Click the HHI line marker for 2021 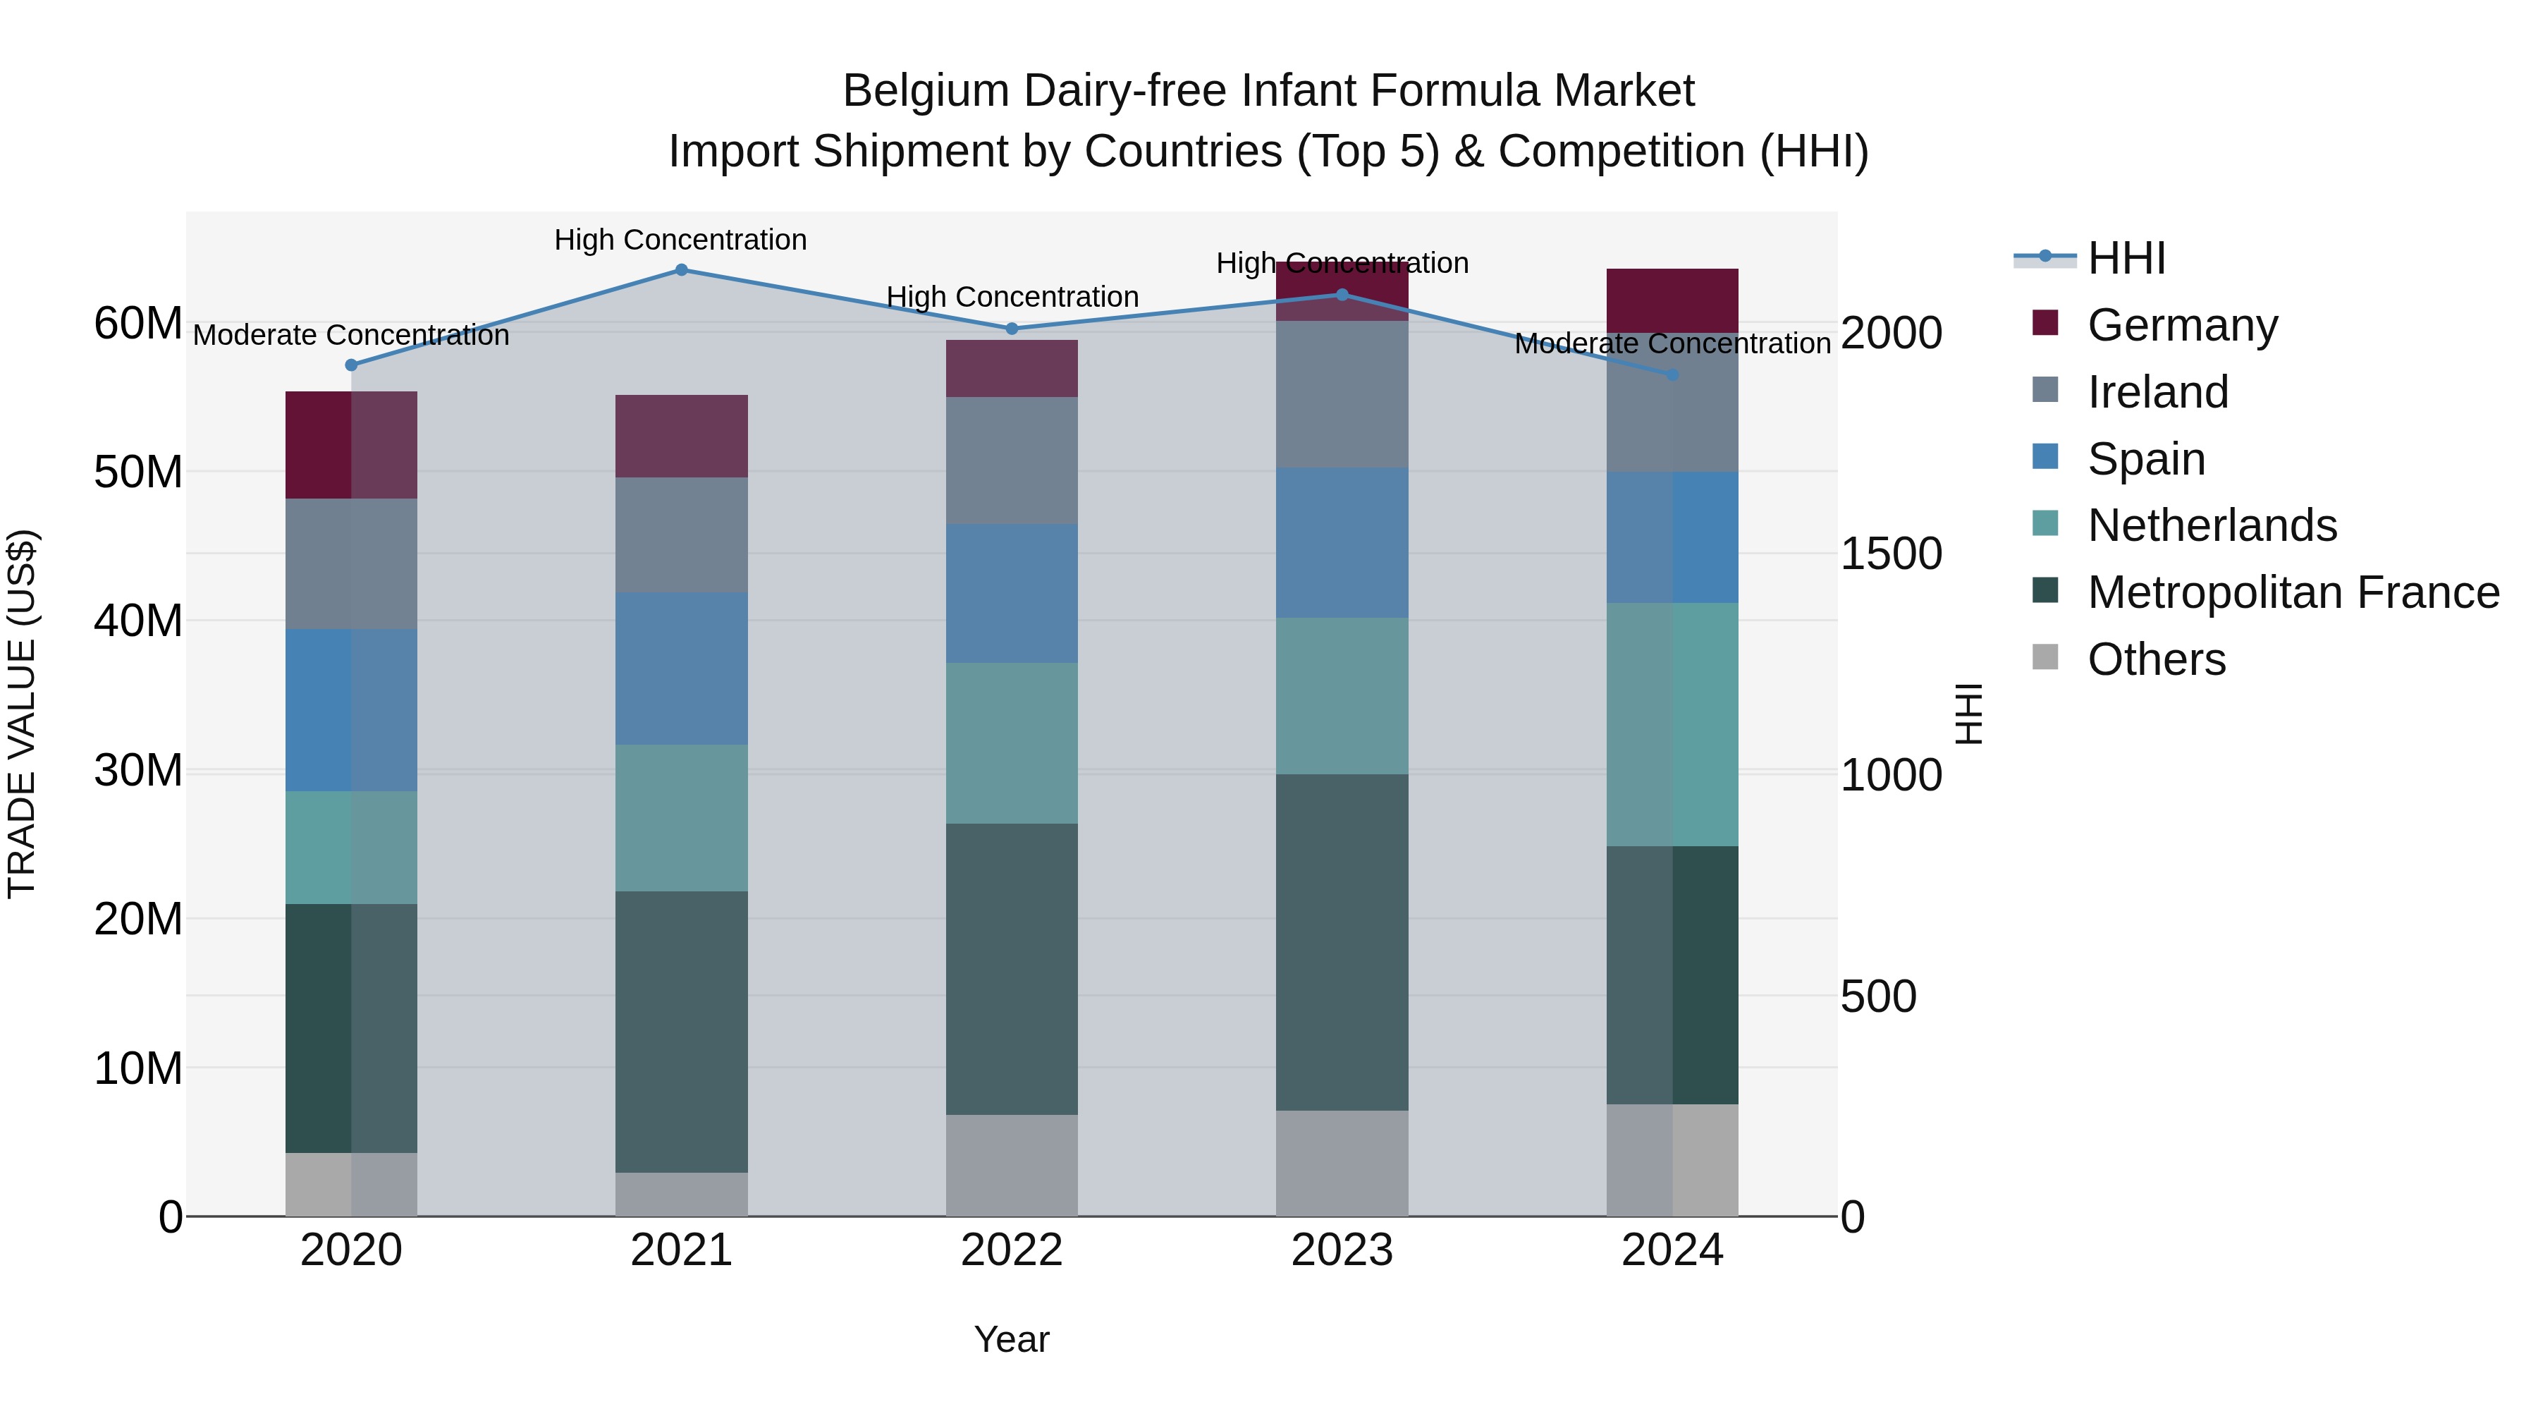point(681,270)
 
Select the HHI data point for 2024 point(1672,375)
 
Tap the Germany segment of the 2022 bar point(1012,369)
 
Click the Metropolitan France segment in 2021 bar point(681,1031)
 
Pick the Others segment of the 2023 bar point(1342,1163)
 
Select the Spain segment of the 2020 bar point(352,709)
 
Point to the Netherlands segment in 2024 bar point(1672,724)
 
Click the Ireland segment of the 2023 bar point(1342,394)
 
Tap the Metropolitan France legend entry point(2293,592)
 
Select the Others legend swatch point(2045,657)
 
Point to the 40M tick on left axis point(138,621)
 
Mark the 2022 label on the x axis point(1012,1250)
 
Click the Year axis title point(1012,1339)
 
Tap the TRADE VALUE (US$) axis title point(22,714)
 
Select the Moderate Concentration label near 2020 point(351,335)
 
